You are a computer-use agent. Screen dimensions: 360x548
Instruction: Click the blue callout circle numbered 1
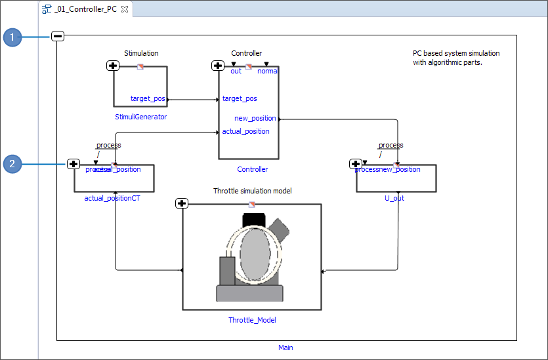12,37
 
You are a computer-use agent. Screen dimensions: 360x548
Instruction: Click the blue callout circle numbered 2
12,164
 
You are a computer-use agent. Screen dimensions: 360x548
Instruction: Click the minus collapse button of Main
58,37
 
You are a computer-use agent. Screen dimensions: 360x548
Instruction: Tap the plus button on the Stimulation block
113,66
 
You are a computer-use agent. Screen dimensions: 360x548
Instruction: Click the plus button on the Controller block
218,66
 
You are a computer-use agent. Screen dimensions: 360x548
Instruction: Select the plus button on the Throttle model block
182,203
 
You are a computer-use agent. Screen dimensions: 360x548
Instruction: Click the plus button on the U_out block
356,164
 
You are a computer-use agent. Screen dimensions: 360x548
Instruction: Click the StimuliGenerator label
140,117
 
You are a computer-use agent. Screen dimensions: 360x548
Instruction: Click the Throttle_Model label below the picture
252,320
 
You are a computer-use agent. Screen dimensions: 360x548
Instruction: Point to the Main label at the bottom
285,348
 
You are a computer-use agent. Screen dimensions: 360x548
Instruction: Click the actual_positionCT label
112,197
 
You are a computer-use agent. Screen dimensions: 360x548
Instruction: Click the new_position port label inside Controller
255,118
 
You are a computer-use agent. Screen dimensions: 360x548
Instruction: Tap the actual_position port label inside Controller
245,131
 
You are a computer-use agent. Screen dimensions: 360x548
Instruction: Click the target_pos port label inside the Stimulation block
148,98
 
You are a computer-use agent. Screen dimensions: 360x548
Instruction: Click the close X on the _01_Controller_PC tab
125,9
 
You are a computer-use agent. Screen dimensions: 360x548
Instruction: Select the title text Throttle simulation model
252,191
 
